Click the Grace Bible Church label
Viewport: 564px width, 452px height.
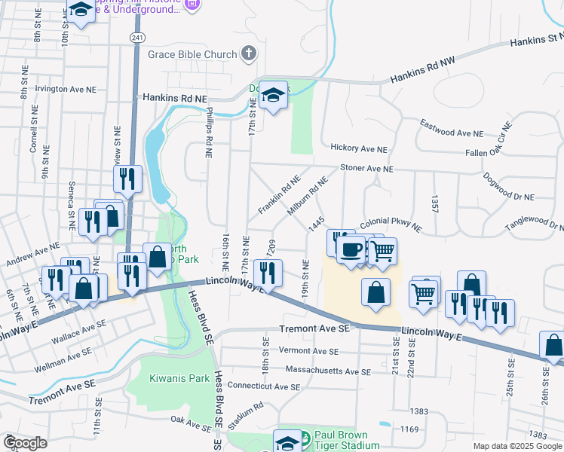[x=192, y=54]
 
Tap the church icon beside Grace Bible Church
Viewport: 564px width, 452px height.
[x=249, y=53]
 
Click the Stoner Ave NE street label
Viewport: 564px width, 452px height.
[x=367, y=169]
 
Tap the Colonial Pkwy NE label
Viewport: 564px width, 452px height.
[x=391, y=224]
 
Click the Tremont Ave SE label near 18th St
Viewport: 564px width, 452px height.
[x=314, y=329]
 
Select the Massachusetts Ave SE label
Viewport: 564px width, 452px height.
[x=328, y=371]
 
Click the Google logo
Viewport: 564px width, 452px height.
[x=25, y=443]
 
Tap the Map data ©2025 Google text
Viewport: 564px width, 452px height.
[x=516, y=446]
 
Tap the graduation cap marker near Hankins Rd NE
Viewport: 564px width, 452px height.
[x=274, y=95]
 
